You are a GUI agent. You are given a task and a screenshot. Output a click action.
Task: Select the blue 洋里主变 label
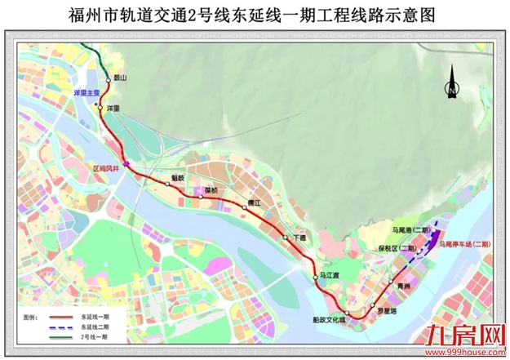tap(86, 94)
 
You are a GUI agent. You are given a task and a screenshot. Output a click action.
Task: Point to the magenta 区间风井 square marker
tap(126, 167)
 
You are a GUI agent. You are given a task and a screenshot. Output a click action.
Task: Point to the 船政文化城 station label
tap(330, 321)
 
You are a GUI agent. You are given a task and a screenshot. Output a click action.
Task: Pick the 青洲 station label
tap(404, 287)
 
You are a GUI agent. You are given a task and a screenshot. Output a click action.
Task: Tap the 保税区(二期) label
tap(397, 247)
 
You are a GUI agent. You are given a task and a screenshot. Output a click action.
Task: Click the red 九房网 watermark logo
tap(463, 333)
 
